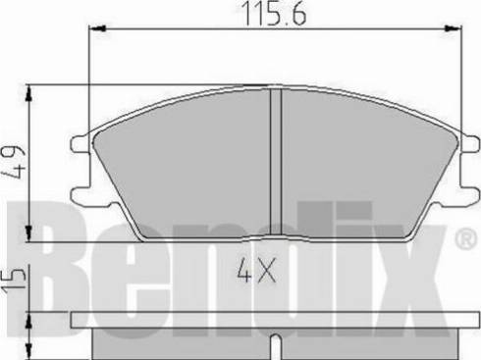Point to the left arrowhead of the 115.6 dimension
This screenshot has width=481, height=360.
coord(96,30)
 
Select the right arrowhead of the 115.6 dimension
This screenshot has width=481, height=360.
coord(454,30)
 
